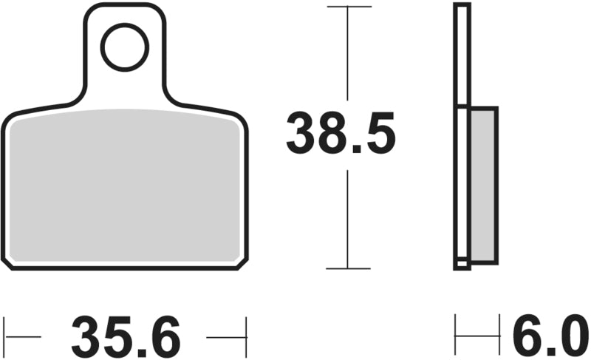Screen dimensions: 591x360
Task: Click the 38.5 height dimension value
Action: pyautogui.click(x=341, y=134)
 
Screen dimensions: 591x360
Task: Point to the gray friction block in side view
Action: pyautogui.click(x=483, y=186)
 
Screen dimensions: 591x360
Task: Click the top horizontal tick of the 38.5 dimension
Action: pyautogui.click(x=349, y=7)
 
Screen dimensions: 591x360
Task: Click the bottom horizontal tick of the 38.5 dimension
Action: pyautogui.click(x=348, y=268)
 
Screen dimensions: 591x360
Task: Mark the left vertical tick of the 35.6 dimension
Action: pyautogui.click(x=4, y=337)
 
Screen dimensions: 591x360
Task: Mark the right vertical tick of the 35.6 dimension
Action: pyautogui.click(x=246, y=337)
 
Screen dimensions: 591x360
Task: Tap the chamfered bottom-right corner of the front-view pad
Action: pyautogui.click(x=242, y=265)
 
